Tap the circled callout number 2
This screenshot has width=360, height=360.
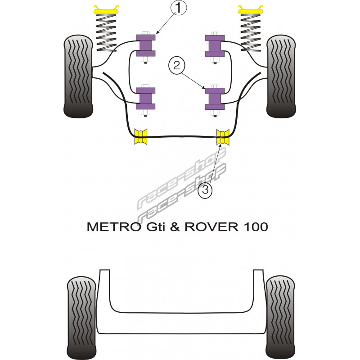pyautogui.click(x=177, y=66)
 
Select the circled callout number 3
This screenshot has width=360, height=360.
pyautogui.click(x=205, y=190)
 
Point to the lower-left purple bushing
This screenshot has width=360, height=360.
pyautogui.click(x=145, y=98)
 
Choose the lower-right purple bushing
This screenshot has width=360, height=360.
pyautogui.click(x=215, y=98)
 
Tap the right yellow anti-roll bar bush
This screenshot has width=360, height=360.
pyautogui.click(x=223, y=137)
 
